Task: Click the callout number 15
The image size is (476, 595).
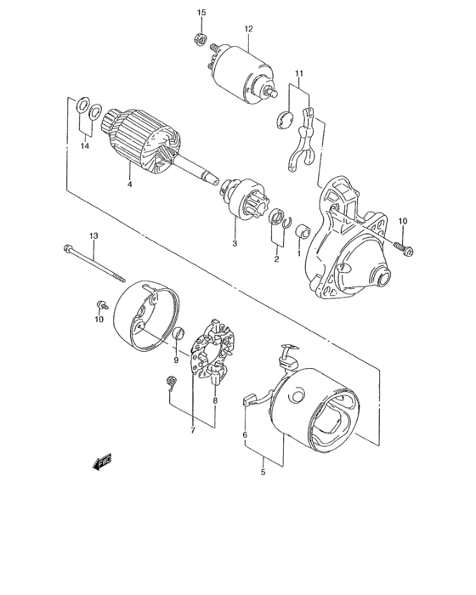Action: point(201,12)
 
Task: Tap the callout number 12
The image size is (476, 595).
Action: point(249,29)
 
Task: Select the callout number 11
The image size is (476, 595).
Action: point(299,74)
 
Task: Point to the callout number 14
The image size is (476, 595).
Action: point(84,147)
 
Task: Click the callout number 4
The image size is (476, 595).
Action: point(129,184)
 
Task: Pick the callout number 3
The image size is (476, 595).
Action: point(235,244)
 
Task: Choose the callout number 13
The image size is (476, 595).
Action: point(93,235)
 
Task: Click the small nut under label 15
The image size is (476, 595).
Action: point(198,38)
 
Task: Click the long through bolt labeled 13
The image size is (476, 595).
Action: point(93,263)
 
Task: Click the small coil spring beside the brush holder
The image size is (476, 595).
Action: point(170,384)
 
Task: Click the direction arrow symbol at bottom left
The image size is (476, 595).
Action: point(103,462)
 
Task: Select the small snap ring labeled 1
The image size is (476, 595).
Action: point(299,228)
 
